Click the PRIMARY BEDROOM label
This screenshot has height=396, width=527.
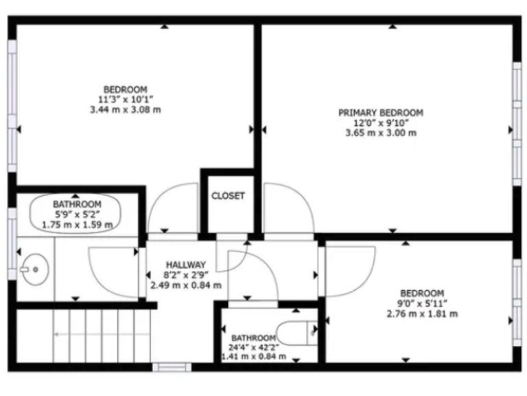pos(380,113)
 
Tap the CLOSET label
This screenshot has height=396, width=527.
pos(227,196)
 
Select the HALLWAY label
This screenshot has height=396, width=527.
pos(185,264)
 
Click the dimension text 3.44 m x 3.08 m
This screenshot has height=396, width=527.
pos(125,109)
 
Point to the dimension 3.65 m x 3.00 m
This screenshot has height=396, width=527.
pos(380,133)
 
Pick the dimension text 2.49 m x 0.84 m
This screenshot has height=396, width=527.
pos(185,285)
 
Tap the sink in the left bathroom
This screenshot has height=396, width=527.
pos(32,269)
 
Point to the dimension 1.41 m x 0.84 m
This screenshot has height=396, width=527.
pos(253,357)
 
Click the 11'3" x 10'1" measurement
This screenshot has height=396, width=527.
pos(125,99)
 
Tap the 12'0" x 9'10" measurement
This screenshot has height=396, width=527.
pos(380,123)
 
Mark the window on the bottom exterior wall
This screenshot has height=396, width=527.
pos(172,366)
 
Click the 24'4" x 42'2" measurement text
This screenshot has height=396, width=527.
pos(253,347)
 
